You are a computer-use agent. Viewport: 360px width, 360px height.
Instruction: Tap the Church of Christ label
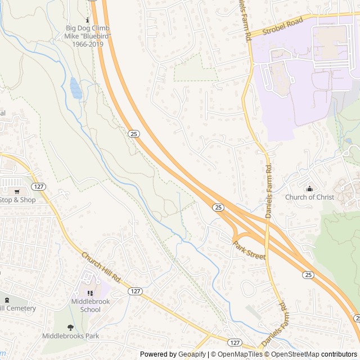tap(309, 197)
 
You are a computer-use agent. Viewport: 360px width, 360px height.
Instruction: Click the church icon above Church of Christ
tap(309, 188)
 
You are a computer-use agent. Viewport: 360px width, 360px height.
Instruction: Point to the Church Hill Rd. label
tap(102, 267)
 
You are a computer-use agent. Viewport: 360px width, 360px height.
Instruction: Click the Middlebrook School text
tap(90, 305)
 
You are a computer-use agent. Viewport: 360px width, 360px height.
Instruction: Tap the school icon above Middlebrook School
tap(90, 293)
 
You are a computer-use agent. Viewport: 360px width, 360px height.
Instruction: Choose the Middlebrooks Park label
tap(70, 336)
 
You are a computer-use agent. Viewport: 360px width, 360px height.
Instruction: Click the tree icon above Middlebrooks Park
tap(70, 327)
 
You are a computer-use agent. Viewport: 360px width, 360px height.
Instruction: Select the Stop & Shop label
tap(17, 200)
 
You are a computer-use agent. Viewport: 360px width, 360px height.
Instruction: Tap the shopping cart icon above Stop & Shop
tap(17, 191)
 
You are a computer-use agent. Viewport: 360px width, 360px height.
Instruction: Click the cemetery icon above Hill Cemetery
tap(7, 300)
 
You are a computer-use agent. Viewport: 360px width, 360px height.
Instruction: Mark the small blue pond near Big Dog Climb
tap(75, 87)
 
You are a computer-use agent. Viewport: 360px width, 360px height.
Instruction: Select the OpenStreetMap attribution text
tap(293, 354)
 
